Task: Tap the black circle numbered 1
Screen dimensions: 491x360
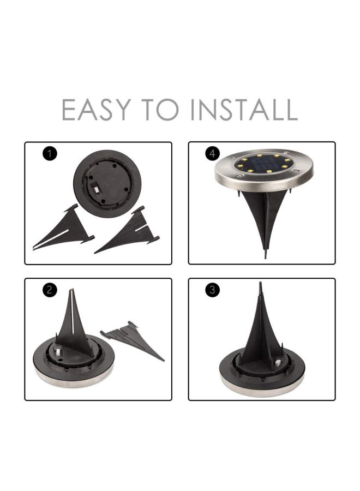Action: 50,154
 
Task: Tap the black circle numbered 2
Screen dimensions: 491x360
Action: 50,290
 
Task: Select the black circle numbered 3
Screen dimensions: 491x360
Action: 213,290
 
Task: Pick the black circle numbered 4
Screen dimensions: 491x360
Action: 213,154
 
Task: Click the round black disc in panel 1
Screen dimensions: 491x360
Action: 107,182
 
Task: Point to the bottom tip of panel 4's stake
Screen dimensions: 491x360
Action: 265,256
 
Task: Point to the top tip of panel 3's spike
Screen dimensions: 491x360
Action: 261,284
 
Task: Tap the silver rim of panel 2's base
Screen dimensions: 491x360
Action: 74,380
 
